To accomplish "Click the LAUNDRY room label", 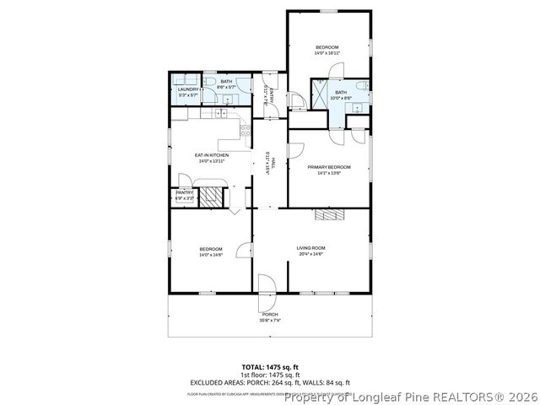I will pyautogui.click(x=188, y=89).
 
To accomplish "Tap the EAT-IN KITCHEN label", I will pyautogui.click(x=212, y=155).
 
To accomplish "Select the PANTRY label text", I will pyautogui.click(x=184, y=192).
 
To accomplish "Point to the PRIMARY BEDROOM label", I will pyautogui.click(x=328, y=167).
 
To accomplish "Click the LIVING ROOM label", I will pyautogui.click(x=310, y=248).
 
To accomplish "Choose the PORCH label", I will pyautogui.click(x=269, y=315).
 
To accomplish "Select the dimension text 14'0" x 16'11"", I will pyautogui.click(x=327, y=53).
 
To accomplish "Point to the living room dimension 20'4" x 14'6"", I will pyautogui.click(x=310, y=254).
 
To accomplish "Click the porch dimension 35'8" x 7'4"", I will pyautogui.click(x=269, y=321).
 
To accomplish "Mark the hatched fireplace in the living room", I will pyautogui.click(x=328, y=215).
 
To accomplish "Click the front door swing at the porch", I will pyautogui.click(x=265, y=285).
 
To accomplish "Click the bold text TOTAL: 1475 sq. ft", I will pyautogui.click(x=270, y=368).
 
